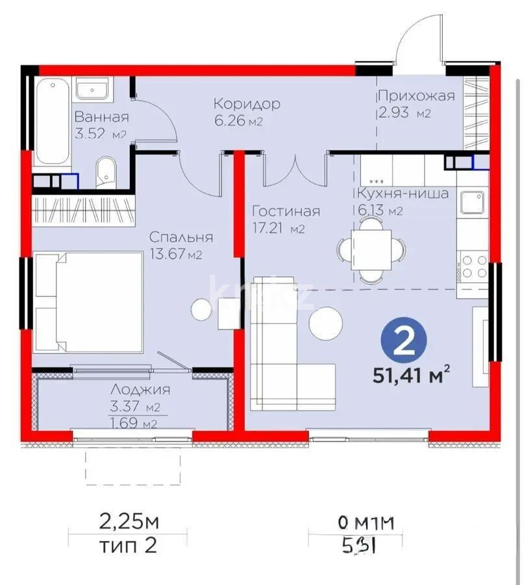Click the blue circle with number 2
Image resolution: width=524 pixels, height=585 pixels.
tap(405, 341)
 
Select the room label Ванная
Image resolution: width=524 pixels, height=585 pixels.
tap(101, 117)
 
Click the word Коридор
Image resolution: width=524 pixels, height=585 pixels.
tap(247, 104)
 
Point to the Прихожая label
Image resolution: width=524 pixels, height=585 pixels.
tap(416, 96)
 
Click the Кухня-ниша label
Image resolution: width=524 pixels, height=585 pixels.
tap(403, 193)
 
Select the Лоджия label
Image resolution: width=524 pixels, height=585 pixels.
tap(140, 390)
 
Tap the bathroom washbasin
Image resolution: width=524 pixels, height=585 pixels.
tap(94, 88)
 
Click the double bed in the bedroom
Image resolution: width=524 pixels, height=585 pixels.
tap(89, 302)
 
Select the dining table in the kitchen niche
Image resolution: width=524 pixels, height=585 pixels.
tap(371, 250)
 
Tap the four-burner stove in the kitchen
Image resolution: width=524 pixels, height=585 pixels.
tap(473, 266)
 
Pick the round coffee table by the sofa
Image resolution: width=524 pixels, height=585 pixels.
tap(325, 322)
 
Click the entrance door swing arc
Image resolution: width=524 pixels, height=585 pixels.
tap(416, 39)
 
